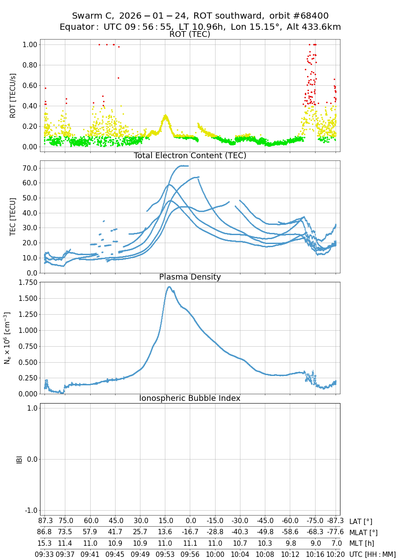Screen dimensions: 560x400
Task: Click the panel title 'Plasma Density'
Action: tap(190, 277)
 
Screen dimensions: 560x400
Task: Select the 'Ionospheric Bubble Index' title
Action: tap(190, 398)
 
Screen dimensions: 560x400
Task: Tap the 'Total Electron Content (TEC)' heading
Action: tap(190, 156)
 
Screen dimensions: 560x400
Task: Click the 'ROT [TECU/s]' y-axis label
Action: tap(13, 96)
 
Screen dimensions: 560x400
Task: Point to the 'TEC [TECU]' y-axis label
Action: tap(13, 216)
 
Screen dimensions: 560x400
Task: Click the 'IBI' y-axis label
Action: tap(19, 459)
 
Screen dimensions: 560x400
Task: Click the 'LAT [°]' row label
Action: tap(360, 522)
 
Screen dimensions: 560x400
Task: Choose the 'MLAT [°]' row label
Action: tap(364, 532)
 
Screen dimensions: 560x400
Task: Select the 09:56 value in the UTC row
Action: tap(190, 554)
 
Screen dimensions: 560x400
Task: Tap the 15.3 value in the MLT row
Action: tap(45, 543)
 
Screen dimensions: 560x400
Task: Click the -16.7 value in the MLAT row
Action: tap(190, 532)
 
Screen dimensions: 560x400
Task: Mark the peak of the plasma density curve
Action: tap(169, 287)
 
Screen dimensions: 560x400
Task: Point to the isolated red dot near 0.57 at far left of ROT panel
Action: tap(45, 88)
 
